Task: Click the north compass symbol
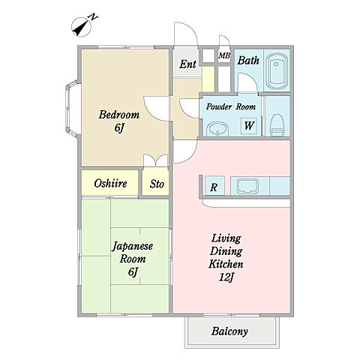pos(82,27)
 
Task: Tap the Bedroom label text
pos(119,115)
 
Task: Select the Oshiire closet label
pos(110,184)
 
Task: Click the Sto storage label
pos(157,184)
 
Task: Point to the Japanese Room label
pos(132,253)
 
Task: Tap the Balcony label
pos(229,331)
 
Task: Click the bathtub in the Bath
pos(277,71)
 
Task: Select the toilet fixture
pos(277,124)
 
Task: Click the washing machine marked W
pos(249,125)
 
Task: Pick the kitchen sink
pos(247,186)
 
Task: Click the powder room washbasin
pos(217,129)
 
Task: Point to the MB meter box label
pos(224,55)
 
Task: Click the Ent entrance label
pos(187,64)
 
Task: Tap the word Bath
pos(248,61)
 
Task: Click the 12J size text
pos(226,277)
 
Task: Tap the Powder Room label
pos(231,107)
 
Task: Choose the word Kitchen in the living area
pos(226,264)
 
